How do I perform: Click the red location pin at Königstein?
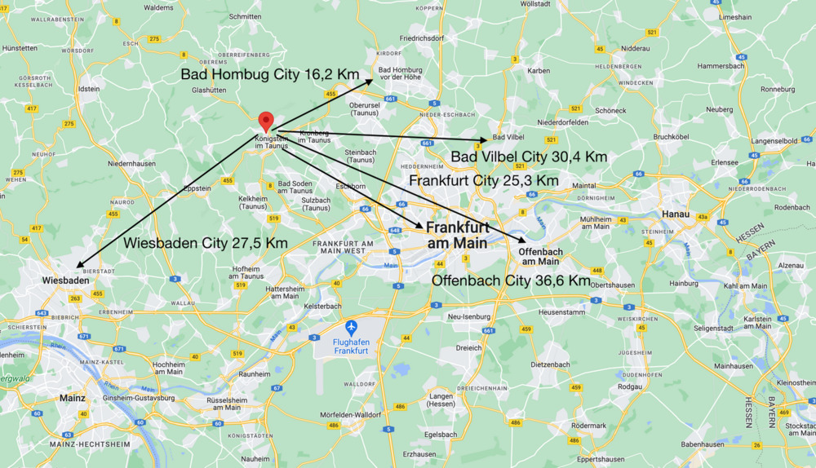tap(265, 121)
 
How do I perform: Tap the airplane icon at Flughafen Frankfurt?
tap(352, 328)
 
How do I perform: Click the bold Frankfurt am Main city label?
tap(458, 235)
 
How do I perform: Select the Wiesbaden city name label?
tap(65, 280)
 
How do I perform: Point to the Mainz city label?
tap(73, 399)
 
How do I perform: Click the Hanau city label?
tap(670, 214)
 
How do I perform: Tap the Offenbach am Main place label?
tap(539, 256)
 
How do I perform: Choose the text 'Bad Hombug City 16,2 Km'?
tap(270, 74)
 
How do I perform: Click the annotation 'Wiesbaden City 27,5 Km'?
tap(206, 243)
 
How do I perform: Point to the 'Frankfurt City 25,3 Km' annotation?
tap(484, 179)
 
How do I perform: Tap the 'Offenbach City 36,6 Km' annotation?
tap(511, 280)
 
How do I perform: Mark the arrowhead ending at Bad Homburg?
tap(370, 81)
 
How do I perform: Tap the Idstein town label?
tap(88, 89)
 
